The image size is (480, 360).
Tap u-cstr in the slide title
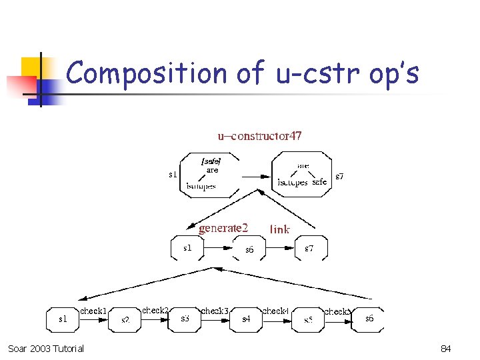318,73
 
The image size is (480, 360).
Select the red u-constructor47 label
259,136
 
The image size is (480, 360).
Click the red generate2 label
223,228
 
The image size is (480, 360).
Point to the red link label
280,229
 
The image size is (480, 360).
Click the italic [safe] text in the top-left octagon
211,161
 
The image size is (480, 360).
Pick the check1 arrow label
93,311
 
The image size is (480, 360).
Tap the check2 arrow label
155,310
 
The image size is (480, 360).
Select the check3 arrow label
215,311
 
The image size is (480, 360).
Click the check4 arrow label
275,311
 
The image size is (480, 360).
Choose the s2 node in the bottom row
125,320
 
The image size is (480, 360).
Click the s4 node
246,320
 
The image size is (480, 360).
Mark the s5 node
308,320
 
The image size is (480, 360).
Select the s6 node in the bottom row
369,319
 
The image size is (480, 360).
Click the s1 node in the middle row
187,248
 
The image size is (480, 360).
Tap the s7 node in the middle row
309,248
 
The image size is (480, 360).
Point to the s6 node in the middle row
249,250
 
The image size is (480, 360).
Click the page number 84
446,349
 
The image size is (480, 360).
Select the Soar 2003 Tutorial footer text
46,349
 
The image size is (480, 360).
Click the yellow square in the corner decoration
31,67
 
